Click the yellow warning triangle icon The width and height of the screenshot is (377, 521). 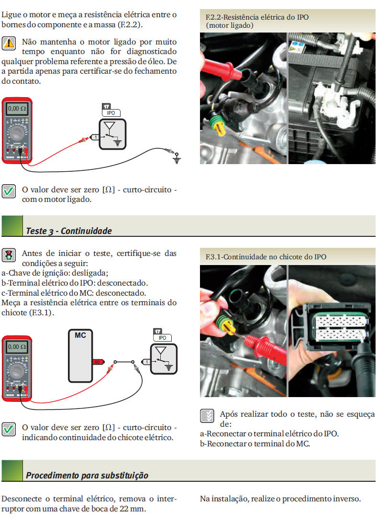[9, 43]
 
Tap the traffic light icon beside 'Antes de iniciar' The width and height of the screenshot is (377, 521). [9, 255]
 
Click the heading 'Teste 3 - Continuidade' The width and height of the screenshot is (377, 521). [69, 231]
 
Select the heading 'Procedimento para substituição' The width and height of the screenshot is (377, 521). [87, 475]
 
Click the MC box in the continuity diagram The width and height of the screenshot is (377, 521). [80, 356]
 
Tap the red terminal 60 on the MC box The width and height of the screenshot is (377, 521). [98, 362]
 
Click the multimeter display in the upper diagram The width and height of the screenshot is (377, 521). [17, 109]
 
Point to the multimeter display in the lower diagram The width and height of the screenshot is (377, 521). [17, 347]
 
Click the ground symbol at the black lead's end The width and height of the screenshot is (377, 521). [177, 158]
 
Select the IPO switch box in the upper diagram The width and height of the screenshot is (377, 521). [112, 134]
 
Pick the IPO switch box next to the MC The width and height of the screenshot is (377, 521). [164, 359]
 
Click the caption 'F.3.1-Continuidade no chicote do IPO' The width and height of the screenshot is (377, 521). [266, 257]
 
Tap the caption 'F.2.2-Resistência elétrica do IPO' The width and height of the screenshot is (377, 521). [257, 17]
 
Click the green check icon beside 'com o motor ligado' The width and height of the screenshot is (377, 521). [9, 191]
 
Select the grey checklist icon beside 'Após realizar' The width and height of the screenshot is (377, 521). [207, 416]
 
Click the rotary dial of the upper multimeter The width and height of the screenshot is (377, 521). [17, 133]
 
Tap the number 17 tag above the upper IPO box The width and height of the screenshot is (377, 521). [106, 106]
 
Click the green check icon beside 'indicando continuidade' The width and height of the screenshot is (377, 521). [9, 429]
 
